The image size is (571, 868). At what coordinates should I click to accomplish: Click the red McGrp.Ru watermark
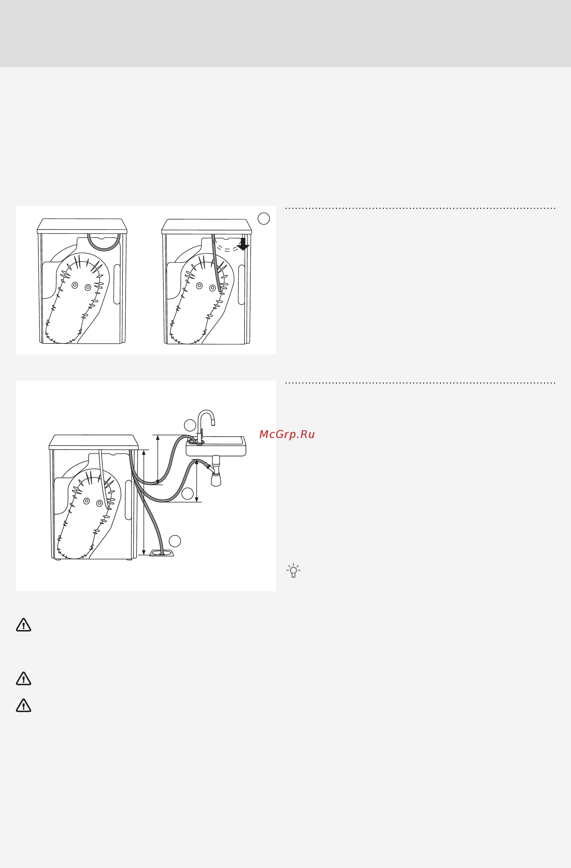tap(287, 434)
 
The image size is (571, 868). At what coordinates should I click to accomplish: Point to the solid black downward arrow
tap(243, 244)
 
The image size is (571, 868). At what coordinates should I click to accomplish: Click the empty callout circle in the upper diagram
tap(264, 218)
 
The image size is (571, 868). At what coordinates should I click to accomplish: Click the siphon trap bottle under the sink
tap(216, 479)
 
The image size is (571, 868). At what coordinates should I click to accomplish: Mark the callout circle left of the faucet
tap(190, 425)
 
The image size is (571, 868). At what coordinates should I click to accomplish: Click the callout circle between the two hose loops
tap(187, 493)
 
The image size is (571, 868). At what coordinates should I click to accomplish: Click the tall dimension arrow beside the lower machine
tap(144, 502)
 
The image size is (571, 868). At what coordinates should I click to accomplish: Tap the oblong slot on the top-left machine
tap(117, 284)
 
